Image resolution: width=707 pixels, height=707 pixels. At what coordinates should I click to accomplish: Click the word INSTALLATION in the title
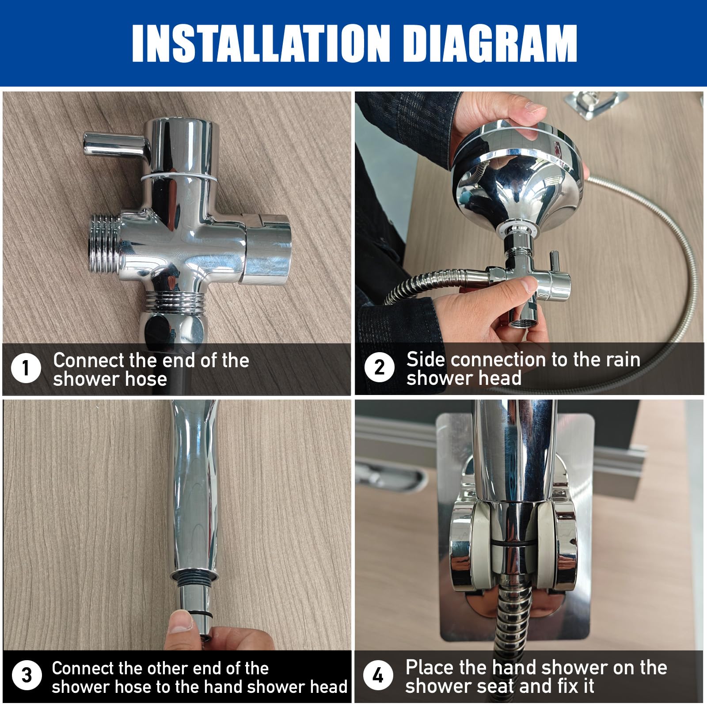pyautogui.click(x=261, y=43)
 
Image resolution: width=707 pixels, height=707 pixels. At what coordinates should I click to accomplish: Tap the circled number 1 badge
pyautogui.click(x=26, y=368)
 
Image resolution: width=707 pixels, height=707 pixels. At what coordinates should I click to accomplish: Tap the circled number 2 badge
pyautogui.click(x=379, y=367)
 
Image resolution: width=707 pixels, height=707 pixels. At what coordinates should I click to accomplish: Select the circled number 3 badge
pyautogui.click(x=27, y=676)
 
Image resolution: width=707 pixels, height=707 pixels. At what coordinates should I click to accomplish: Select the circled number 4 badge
pyautogui.click(x=378, y=675)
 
